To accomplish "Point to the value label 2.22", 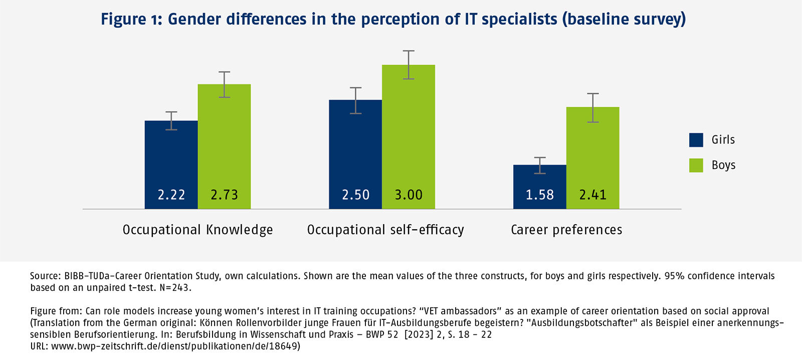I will point(171,195).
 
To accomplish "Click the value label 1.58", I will point(539,195).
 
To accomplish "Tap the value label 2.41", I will point(592,195).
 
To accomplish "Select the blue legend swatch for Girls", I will point(696,140).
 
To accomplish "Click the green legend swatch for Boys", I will point(696,165).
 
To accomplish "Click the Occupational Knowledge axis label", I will point(197,230).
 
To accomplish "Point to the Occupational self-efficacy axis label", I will point(385,230).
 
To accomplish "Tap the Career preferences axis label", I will point(566,230).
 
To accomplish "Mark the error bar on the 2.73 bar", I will point(224,84).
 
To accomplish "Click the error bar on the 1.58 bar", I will point(539,165).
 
